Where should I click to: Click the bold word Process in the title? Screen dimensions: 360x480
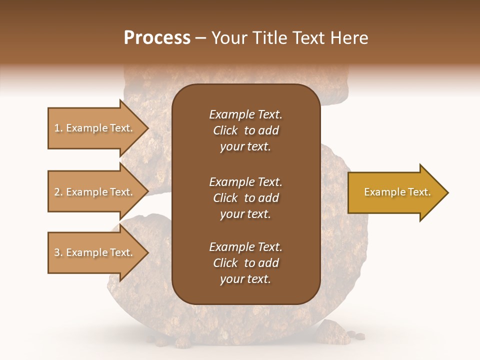(157, 37)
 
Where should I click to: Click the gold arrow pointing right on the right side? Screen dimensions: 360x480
(395, 192)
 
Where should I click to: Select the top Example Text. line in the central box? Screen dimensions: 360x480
(245, 114)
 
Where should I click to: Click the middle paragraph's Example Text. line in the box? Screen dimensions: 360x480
(245, 181)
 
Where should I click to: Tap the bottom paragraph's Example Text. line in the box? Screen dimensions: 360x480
(245, 247)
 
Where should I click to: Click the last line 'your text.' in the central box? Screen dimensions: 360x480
(245, 279)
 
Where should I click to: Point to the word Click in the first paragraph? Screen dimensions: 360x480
(225, 130)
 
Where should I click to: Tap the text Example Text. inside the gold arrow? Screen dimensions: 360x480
(397, 192)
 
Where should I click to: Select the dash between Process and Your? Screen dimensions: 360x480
(200, 37)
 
